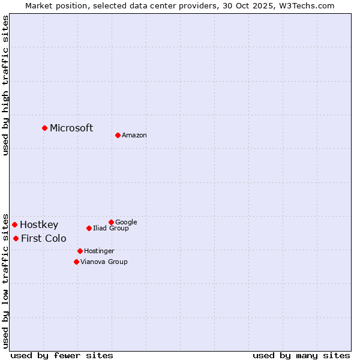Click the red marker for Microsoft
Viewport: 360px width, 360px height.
[x=44, y=128]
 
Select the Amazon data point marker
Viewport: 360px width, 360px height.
[x=118, y=135]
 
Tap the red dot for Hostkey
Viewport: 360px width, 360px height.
[x=14, y=224]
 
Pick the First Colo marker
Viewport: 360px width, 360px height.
[x=16, y=238]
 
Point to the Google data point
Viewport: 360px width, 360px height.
[x=111, y=222]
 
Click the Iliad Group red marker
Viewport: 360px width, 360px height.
[x=89, y=228]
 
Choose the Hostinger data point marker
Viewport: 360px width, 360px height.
[x=80, y=251]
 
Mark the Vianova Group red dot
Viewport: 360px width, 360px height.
[x=76, y=262]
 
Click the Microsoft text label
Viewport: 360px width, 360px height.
[x=71, y=128]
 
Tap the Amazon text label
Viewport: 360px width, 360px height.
[x=134, y=136]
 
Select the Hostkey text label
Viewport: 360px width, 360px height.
[x=39, y=225]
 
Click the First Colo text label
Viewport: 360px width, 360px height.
[x=44, y=239]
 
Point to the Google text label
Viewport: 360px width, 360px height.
[x=126, y=223]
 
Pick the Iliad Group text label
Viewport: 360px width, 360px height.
[x=111, y=229]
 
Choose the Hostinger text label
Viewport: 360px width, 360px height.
[x=99, y=251]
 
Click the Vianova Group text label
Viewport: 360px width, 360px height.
[x=104, y=262]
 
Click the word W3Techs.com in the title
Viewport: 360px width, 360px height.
[x=310, y=5]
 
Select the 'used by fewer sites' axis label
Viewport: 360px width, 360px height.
[x=62, y=355]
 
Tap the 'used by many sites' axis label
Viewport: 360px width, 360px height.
[x=301, y=355]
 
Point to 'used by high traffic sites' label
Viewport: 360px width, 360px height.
[x=5, y=85]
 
